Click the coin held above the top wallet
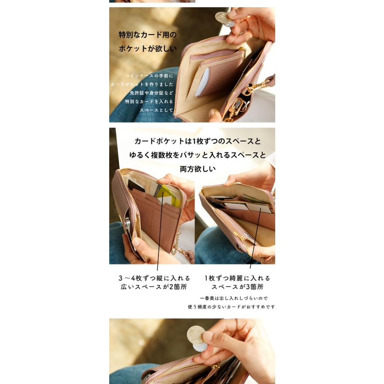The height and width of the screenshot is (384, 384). click(223, 19)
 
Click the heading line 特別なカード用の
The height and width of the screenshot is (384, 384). click(147, 35)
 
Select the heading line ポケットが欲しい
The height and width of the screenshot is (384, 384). click(148, 49)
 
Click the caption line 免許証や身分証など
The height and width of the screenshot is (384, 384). click(151, 93)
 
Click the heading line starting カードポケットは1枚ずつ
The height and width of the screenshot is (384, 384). click(198, 141)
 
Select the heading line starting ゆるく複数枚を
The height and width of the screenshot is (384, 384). click(198, 155)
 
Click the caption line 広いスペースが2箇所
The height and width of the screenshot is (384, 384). click(154, 287)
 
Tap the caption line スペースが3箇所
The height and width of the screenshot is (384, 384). click(238, 287)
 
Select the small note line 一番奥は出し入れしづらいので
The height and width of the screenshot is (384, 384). click(233, 298)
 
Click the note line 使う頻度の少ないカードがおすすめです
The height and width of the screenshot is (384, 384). click(231, 307)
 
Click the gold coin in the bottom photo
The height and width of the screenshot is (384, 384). click(196, 334)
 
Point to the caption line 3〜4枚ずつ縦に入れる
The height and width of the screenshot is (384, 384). click(154, 278)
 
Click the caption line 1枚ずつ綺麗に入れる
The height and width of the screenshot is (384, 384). click(237, 278)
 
